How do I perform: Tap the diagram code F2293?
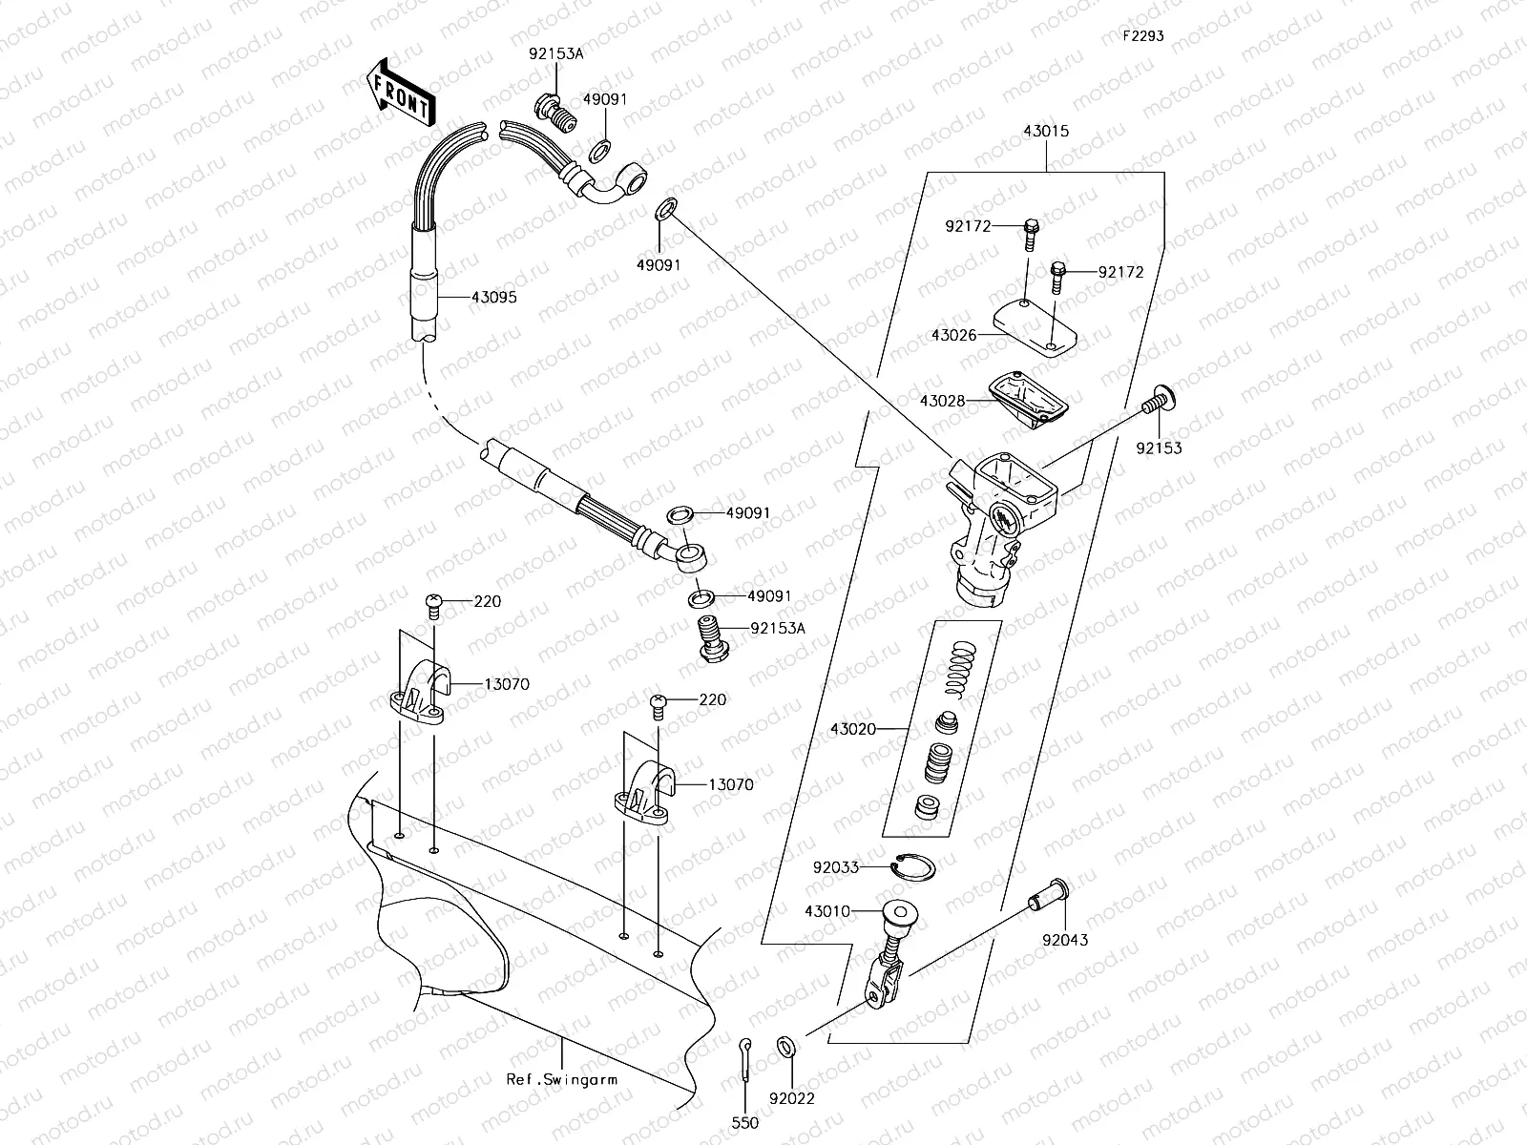(x=1142, y=36)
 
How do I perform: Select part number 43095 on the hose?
(x=493, y=298)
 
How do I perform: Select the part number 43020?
(x=852, y=729)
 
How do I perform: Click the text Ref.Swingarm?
(x=561, y=1080)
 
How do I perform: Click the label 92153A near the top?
(x=555, y=54)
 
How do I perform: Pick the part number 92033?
(x=835, y=867)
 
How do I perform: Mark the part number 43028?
(x=942, y=402)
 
